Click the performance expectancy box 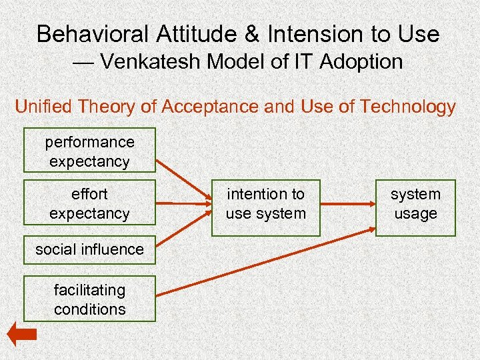click(x=89, y=151)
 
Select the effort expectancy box click(x=89, y=203)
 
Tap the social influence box click(x=89, y=249)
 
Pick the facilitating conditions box click(x=89, y=299)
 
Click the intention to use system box click(x=265, y=204)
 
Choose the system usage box click(x=415, y=204)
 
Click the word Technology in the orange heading click(x=407, y=107)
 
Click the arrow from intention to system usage click(x=347, y=203)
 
